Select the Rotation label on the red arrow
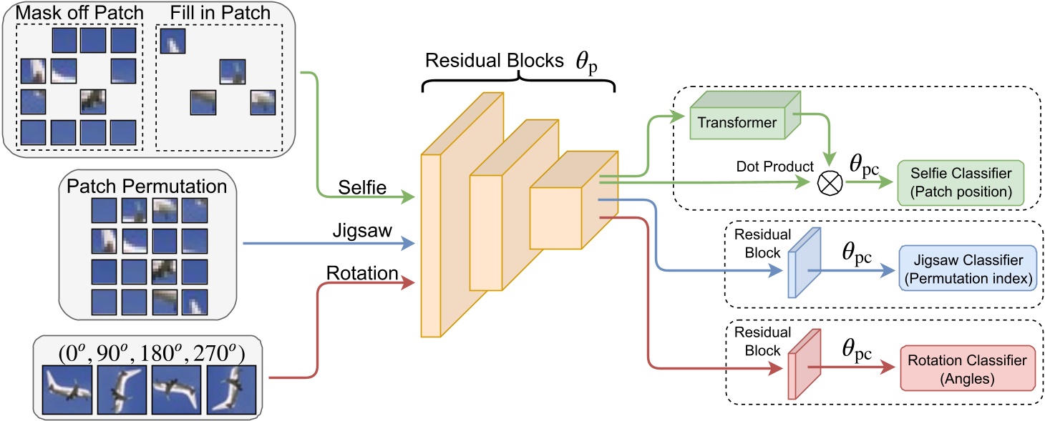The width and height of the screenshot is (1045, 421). click(x=364, y=272)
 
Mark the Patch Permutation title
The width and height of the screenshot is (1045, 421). click(x=146, y=187)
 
